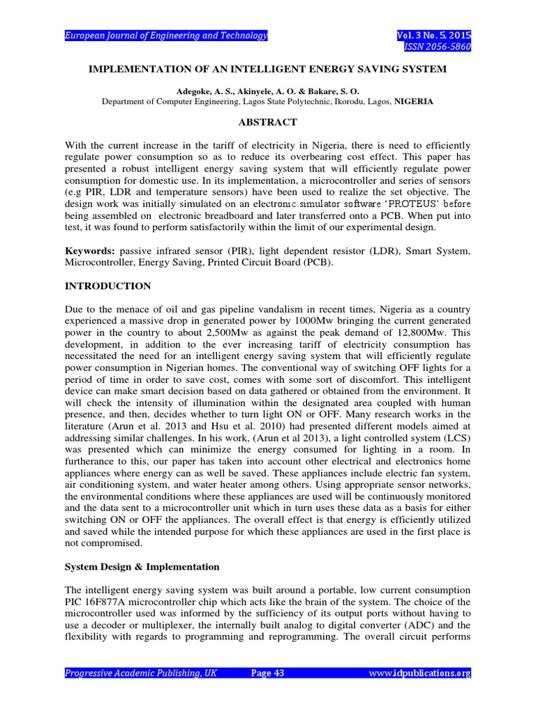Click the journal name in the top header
pos(166,36)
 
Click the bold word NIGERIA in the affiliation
pos(413,101)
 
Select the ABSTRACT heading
pos(268,122)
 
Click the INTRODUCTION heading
pos(107,286)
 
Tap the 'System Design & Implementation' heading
pos(142,566)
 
